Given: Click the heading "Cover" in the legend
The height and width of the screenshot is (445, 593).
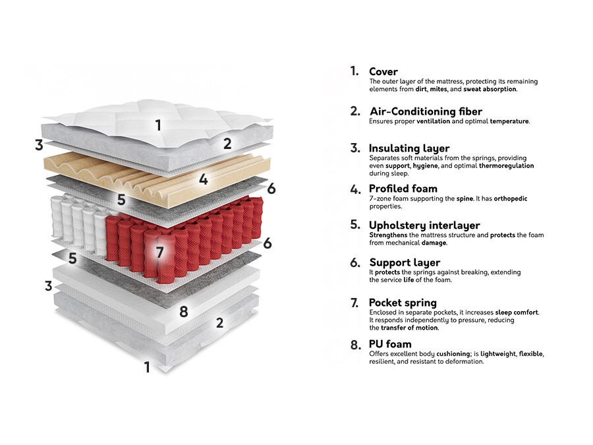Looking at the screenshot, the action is click(x=383, y=71).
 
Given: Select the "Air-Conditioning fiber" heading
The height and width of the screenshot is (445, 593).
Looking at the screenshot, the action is click(x=426, y=111).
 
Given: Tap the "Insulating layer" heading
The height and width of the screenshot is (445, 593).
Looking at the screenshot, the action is click(x=409, y=148).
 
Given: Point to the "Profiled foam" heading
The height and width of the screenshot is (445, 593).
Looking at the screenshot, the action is click(x=403, y=189).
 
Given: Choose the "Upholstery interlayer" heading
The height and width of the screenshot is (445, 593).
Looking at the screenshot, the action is click(x=424, y=225).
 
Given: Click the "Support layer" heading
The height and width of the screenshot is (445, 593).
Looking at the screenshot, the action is click(x=405, y=262).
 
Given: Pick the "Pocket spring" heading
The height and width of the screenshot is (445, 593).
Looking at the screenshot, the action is click(x=403, y=303).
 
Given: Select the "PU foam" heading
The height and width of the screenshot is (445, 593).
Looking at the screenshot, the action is click(x=390, y=344).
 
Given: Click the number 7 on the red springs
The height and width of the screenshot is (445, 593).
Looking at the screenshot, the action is click(x=159, y=252).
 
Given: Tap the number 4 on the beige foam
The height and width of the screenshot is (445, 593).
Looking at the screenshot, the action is click(x=204, y=179).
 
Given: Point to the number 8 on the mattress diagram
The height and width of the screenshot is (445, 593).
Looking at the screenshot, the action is click(x=183, y=312).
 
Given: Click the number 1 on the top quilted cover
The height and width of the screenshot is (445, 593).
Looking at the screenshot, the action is click(x=158, y=125).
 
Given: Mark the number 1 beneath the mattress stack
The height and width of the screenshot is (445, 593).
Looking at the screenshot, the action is click(x=147, y=367).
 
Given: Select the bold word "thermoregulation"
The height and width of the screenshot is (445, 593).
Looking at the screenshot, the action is click(x=507, y=165).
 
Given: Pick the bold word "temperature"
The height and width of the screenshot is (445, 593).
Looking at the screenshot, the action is click(x=509, y=121).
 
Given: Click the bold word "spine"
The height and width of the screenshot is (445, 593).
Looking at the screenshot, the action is click(x=465, y=198).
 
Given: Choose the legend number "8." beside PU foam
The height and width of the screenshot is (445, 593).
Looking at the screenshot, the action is click(x=356, y=345).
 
